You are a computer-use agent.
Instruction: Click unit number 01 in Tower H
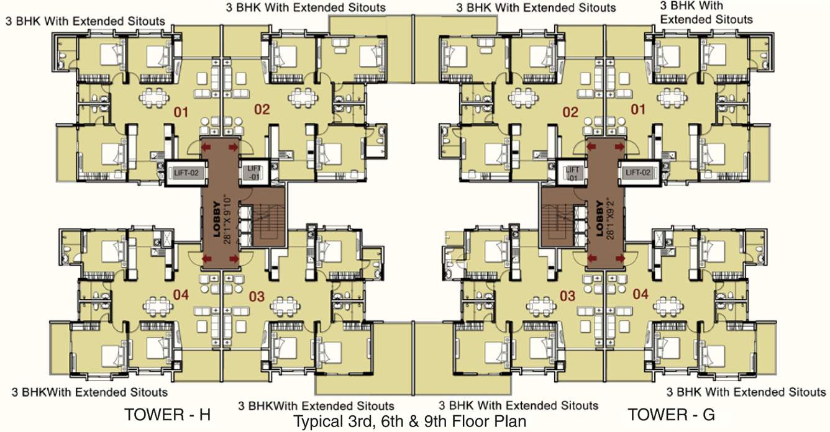pos(181,112)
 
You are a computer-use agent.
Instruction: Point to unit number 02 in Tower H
pos(262,110)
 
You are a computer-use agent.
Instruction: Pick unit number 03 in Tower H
pos(257,297)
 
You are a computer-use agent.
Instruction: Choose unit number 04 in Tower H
pos(181,295)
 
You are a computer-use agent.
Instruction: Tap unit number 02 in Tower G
pos(570,112)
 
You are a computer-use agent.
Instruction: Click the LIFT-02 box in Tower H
pos(185,173)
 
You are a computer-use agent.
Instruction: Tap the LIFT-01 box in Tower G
pos(572,173)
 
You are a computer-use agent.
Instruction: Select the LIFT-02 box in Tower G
pos(638,173)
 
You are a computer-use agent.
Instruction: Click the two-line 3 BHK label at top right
pos(706,12)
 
